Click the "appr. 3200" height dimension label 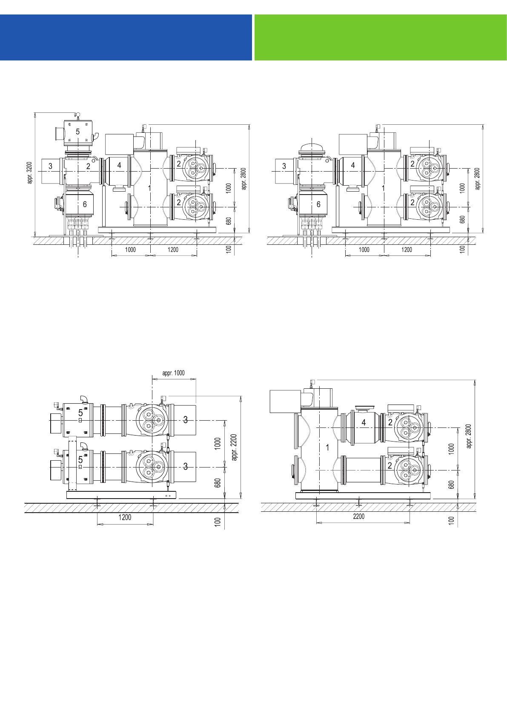[30, 173]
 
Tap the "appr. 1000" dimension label [174, 373]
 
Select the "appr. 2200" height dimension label [234, 447]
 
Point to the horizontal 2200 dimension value [358, 516]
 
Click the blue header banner [126, 37]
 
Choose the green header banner [381, 37]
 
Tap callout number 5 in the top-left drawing [78, 131]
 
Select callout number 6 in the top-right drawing [318, 204]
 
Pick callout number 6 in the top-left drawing [84, 204]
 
